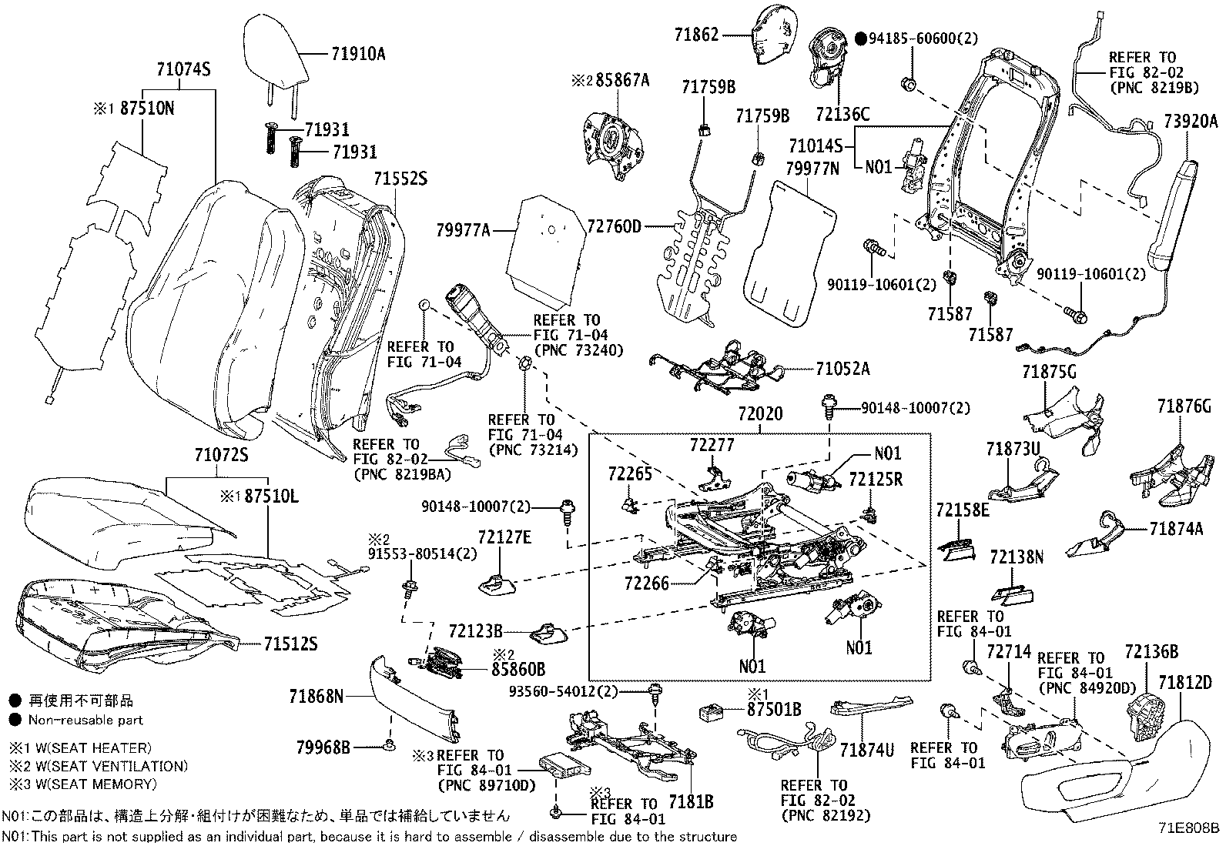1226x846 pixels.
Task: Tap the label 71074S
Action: [x=183, y=70]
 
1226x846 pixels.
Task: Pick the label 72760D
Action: [x=614, y=226]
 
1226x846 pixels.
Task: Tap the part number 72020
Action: [x=759, y=414]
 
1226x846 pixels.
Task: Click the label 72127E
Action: [x=504, y=537]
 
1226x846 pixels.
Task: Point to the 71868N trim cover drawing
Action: [x=412, y=697]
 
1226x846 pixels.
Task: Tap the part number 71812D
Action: [x=1184, y=682]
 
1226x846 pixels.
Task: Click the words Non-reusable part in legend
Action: [x=85, y=721]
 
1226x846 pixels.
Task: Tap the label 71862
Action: [x=696, y=34]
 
